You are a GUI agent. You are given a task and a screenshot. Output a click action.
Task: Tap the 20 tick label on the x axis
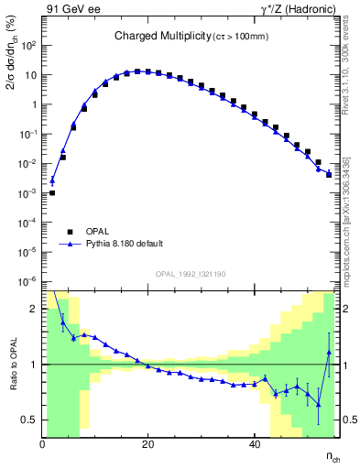tap(148, 443)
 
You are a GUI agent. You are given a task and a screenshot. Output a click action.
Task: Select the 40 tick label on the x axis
tap(254, 443)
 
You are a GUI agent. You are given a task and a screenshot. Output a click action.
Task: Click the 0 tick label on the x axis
tap(43, 443)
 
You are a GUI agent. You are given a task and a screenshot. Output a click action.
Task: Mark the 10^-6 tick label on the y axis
tap(28, 281)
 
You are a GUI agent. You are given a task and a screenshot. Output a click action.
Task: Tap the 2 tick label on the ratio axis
tap(33, 310)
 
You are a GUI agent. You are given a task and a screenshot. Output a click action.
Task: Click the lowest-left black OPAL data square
tap(52, 192)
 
